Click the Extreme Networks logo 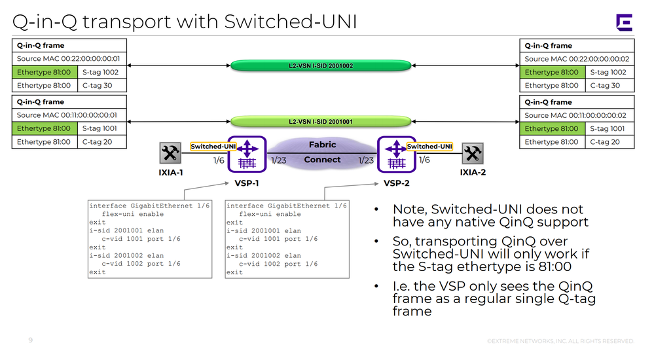(x=624, y=22)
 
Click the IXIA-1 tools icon (x=170, y=154)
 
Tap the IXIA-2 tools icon (x=472, y=154)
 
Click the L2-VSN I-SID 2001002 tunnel (x=321, y=65)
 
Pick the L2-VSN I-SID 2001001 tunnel (x=321, y=122)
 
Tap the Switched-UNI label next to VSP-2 (x=429, y=147)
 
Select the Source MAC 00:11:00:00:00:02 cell (x=577, y=115)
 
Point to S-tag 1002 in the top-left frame (x=101, y=72)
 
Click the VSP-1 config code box (x=150, y=239)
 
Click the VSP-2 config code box (x=287, y=239)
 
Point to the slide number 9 (x=30, y=340)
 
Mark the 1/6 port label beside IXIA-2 (x=424, y=160)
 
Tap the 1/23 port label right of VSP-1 (x=278, y=160)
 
